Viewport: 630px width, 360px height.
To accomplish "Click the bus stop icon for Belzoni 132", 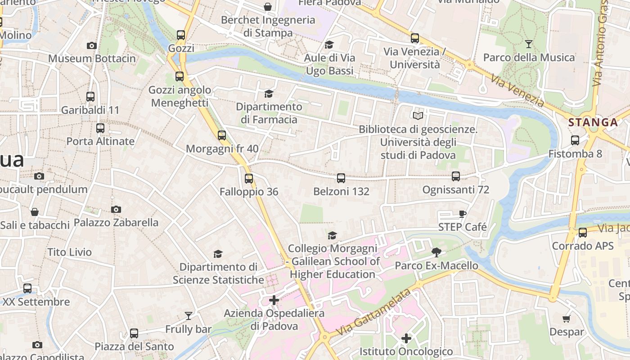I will (x=341, y=178).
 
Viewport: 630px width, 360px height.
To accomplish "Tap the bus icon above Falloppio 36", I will (x=249, y=179).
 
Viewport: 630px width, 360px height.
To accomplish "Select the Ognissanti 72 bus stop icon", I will (x=456, y=176).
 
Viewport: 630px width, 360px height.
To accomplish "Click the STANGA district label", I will (x=593, y=122).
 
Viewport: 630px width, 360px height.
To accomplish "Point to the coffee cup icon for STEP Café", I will (x=462, y=214).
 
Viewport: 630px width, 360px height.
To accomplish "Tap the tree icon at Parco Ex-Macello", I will (x=436, y=252).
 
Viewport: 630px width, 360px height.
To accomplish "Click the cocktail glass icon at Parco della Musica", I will (x=529, y=44).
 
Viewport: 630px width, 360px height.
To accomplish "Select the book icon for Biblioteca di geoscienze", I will (x=418, y=116).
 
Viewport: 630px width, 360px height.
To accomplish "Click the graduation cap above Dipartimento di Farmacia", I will (x=269, y=94).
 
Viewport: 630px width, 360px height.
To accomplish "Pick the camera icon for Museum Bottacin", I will (x=92, y=45).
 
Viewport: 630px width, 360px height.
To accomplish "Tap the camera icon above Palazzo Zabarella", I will (x=116, y=209).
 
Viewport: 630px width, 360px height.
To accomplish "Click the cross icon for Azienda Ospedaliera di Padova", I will (x=274, y=300).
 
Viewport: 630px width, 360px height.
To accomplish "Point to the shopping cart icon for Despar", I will (x=567, y=319).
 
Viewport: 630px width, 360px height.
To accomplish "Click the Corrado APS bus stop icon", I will (x=583, y=233).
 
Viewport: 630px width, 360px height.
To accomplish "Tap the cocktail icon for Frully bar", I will (x=189, y=316).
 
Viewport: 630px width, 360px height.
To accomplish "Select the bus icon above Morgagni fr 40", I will (x=222, y=135).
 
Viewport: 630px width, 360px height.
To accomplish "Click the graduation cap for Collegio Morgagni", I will (x=333, y=235).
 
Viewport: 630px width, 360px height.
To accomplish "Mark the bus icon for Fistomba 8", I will (x=575, y=140).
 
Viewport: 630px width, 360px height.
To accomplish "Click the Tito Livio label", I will (x=70, y=252).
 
